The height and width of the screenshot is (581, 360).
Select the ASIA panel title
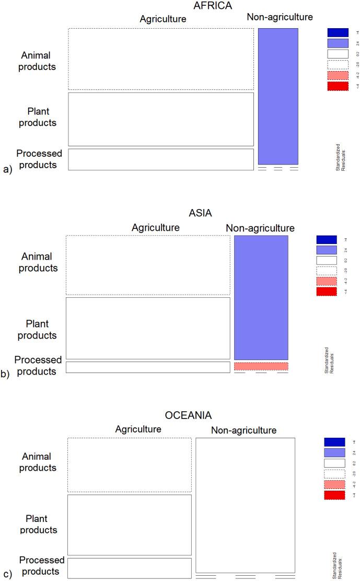point(201,213)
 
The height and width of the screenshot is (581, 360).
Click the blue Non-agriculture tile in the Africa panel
point(278,96)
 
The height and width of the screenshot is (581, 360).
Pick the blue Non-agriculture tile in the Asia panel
point(261,297)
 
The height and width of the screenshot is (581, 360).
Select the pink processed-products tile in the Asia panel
point(261,366)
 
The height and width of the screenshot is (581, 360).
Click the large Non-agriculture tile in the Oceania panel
point(245,505)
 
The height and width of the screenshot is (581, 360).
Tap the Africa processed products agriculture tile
point(161,159)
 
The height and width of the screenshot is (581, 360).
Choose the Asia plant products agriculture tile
point(148,328)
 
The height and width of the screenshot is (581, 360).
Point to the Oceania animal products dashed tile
point(130,464)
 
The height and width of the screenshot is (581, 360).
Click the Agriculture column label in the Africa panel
point(163,19)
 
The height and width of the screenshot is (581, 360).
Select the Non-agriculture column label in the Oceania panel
point(243,431)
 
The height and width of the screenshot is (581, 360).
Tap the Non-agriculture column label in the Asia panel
point(260,228)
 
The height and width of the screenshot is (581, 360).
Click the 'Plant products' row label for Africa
point(41,117)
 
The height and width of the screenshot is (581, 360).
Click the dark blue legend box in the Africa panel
point(338,32)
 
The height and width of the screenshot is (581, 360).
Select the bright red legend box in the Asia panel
point(327,292)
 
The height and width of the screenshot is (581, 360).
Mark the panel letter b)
point(7,374)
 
